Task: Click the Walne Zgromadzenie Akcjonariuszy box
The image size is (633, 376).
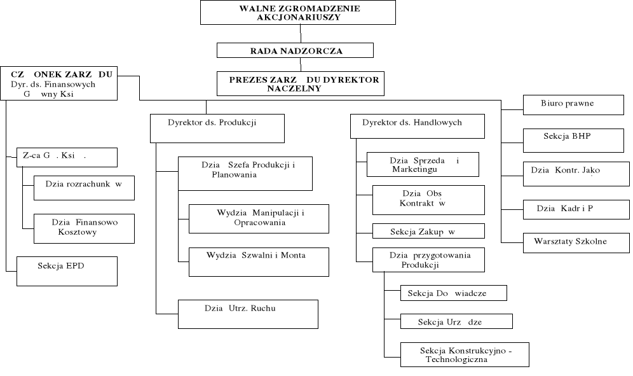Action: (298, 13)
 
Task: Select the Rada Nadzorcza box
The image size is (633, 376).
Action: (295, 50)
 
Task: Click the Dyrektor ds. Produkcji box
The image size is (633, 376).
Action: (217, 128)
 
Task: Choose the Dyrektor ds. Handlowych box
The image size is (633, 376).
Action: (418, 126)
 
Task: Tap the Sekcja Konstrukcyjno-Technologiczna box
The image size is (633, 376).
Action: (465, 354)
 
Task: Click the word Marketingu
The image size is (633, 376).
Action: (414, 170)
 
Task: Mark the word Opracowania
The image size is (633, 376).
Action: (262, 223)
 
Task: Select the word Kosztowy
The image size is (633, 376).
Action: (78, 232)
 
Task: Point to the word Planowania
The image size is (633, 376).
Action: (235, 174)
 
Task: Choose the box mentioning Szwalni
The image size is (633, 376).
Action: (259, 261)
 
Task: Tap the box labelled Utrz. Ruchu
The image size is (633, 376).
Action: (247, 314)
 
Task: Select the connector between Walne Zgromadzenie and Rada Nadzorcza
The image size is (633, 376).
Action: (300, 34)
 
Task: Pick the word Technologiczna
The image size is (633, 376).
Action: (456, 359)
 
